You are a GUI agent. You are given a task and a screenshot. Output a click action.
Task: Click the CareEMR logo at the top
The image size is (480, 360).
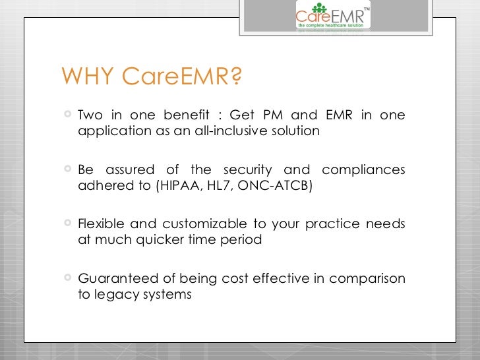pyautogui.click(x=333, y=16)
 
